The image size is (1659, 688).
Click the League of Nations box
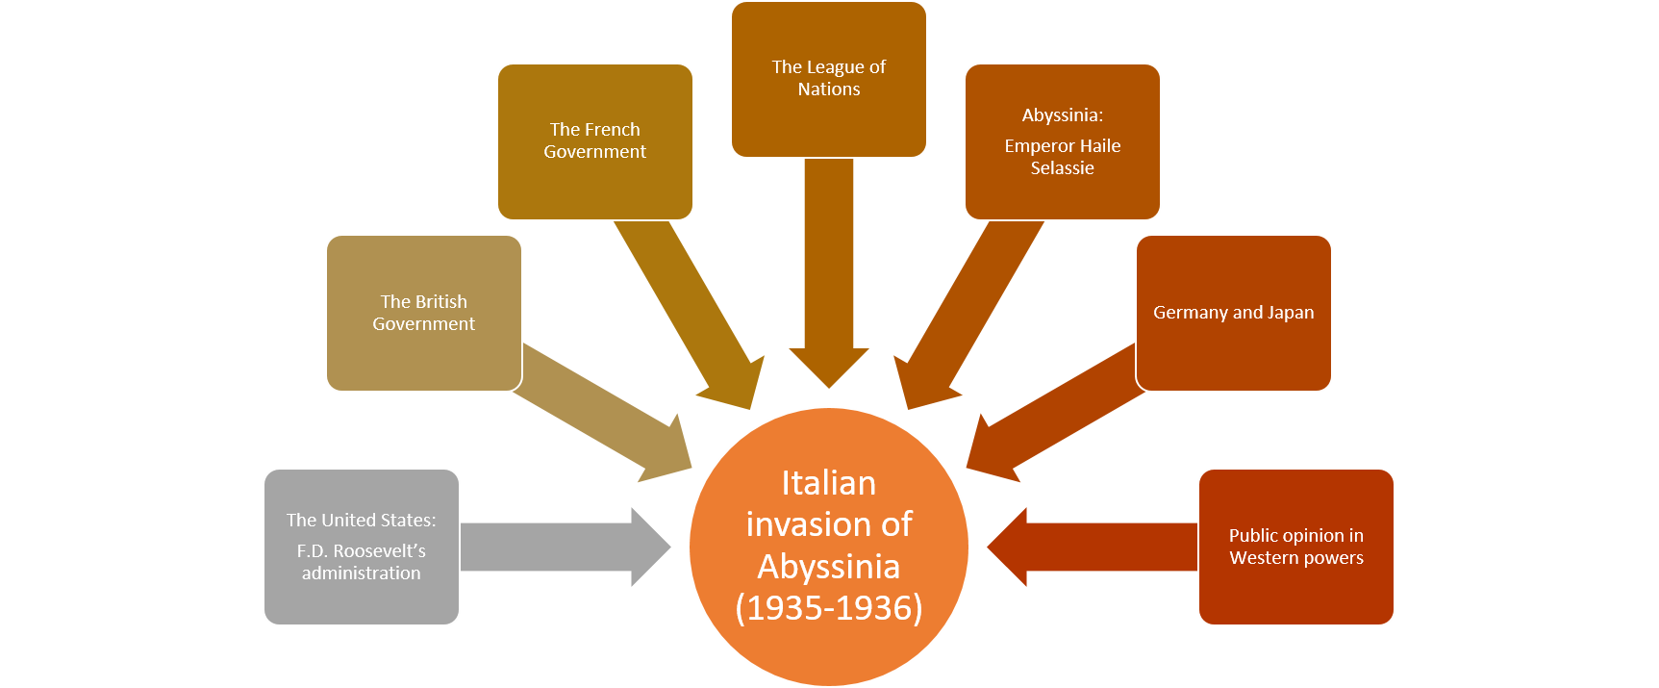[828, 79]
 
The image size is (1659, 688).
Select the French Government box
[594, 141]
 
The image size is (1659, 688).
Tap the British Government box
[423, 313]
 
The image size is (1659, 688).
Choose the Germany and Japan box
[1233, 313]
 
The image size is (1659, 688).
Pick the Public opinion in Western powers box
[1295, 547]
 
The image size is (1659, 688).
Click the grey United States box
[361, 547]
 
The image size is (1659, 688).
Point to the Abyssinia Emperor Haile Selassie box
[1062, 141]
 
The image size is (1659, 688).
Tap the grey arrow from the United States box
[558, 547]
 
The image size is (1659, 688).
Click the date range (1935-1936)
[828, 608]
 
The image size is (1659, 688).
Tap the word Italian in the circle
[828, 483]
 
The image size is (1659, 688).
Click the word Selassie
[1062, 168]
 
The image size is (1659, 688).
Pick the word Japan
[1290, 313]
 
